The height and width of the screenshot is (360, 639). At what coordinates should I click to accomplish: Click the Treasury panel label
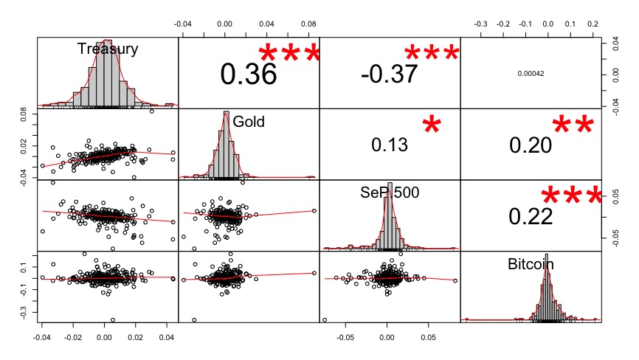point(108,49)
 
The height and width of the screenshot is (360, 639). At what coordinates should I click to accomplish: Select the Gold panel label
point(249,121)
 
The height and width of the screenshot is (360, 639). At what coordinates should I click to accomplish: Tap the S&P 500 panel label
point(389,192)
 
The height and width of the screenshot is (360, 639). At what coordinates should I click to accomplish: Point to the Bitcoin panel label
point(531,263)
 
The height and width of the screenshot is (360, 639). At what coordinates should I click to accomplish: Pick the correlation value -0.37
point(389,73)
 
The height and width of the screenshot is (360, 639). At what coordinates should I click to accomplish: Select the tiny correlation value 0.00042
point(531,73)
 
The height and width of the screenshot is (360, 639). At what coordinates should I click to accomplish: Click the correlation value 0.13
point(389,145)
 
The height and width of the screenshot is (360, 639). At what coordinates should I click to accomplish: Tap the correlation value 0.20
point(531,145)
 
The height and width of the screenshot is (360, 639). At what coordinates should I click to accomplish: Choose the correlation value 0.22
point(531,216)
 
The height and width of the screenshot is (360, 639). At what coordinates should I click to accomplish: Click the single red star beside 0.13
point(435,127)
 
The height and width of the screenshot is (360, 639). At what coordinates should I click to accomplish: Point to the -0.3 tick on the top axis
point(481,24)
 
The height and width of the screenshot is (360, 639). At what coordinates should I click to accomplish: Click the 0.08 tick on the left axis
point(24,116)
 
